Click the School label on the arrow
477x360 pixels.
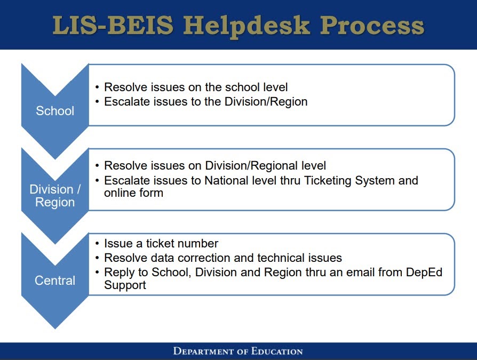(55, 111)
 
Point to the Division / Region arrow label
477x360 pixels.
(55, 196)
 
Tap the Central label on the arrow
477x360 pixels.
(55, 281)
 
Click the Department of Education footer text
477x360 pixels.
(238, 351)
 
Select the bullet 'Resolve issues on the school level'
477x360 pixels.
(196, 87)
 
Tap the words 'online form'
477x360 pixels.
(133, 193)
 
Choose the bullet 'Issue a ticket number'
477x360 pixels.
(161, 244)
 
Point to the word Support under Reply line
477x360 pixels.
(125, 285)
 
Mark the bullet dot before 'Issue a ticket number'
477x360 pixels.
(97, 244)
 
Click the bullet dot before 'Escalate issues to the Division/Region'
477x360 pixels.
(97, 102)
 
